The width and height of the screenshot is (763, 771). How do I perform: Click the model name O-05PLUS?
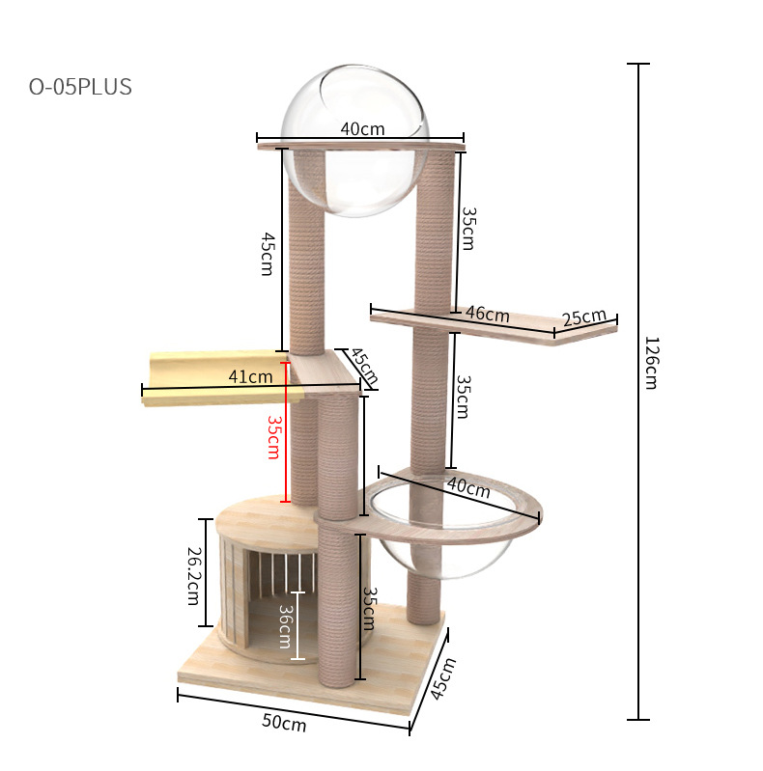(x=80, y=87)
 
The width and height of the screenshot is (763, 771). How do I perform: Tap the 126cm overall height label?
(x=651, y=363)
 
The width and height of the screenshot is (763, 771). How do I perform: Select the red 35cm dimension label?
(x=273, y=437)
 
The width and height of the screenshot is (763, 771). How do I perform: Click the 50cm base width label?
(x=284, y=723)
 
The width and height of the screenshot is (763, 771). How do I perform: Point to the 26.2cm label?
(x=194, y=576)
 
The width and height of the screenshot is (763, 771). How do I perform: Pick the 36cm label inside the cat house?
(x=286, y=626)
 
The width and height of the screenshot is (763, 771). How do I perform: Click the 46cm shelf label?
(x=488, y=314)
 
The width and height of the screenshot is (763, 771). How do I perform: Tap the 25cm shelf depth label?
(x=584, y=317)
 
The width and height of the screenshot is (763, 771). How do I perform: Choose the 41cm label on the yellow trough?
(x=250, y=376)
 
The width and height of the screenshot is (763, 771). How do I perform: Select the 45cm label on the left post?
(x=268, y=254)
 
